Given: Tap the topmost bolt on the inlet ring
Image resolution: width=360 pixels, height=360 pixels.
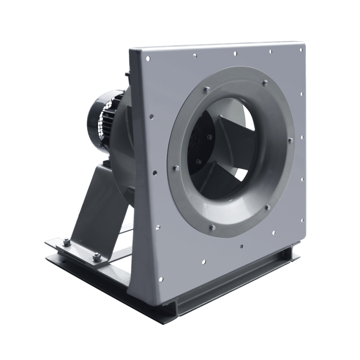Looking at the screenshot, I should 265,83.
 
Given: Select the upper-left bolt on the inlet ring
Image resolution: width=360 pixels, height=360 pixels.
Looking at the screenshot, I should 206,89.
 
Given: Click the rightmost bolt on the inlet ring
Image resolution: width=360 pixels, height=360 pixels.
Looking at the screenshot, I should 291,140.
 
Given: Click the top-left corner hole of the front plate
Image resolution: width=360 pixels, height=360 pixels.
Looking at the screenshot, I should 148,59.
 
